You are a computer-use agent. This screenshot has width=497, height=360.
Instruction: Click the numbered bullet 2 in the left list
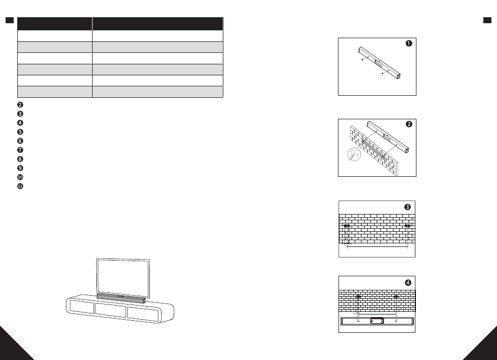click(20, 105)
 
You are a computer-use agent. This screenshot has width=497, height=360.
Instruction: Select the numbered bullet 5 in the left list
click(20, 132)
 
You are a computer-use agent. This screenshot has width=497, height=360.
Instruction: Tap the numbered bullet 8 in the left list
click(20, 159)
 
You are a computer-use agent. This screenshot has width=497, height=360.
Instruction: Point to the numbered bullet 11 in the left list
click(20, 186)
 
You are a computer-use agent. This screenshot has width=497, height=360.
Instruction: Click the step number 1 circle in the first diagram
click(409, 44)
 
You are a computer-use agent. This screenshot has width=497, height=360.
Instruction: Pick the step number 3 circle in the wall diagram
click(408, 207)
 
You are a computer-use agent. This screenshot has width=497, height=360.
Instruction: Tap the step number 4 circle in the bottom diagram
click(408, 283)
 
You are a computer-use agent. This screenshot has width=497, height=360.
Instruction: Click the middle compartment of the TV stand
click(111, 310)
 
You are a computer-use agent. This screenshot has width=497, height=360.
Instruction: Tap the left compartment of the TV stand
click(82, 307)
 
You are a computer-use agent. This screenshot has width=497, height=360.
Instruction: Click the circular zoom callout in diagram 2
click(354, 154)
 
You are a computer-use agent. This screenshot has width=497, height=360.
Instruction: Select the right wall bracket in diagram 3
click(408, 226)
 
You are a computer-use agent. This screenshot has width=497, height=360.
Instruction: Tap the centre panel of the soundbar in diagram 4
click(377, 321)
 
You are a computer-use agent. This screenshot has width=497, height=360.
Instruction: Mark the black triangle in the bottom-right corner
click(484, 348)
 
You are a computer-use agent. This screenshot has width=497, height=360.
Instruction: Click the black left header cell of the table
click(54, 24)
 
